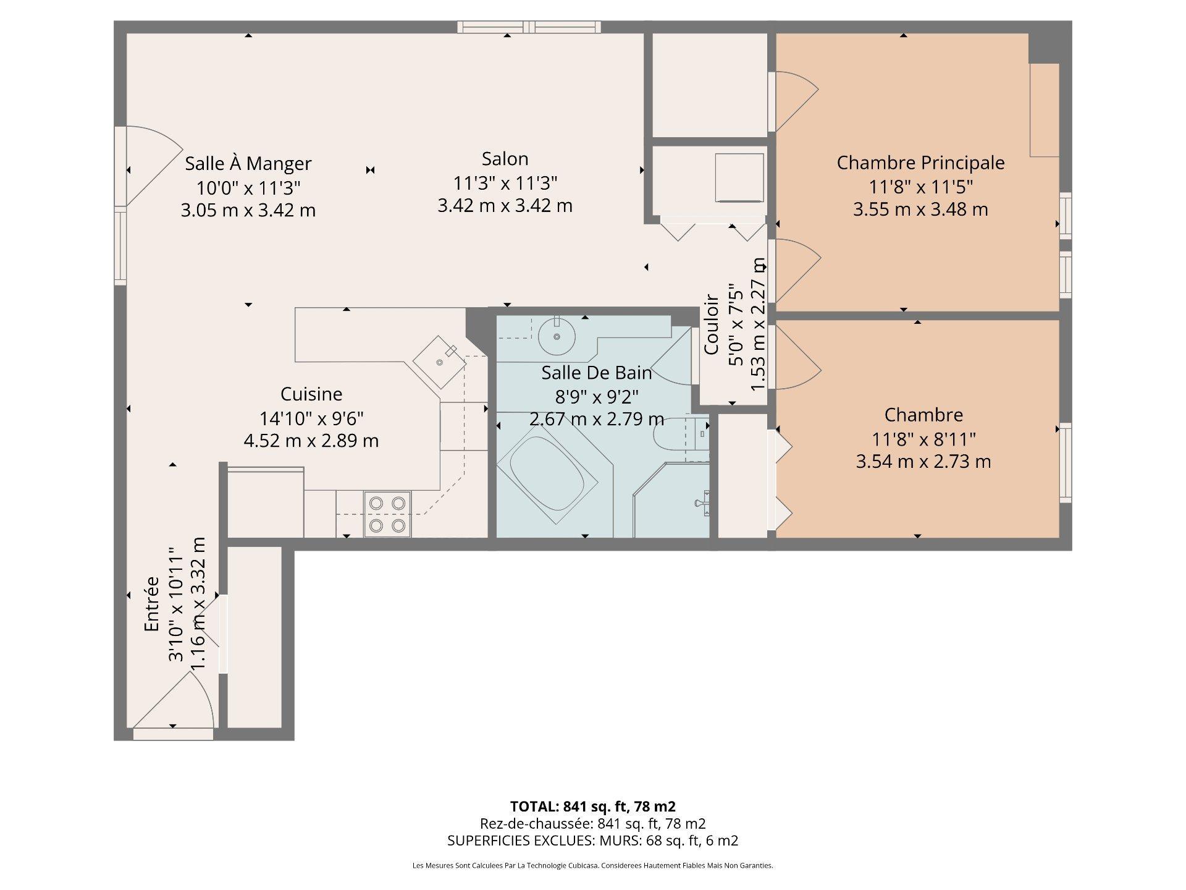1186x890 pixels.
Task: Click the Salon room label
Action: click(505, 159)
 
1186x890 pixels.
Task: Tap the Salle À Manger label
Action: click(248, 164)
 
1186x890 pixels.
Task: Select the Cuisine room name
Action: click(311, 394)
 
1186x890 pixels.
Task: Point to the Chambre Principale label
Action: click(920, 163)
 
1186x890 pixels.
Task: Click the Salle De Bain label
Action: click(597, 373)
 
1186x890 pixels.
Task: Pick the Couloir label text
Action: click(712, 324)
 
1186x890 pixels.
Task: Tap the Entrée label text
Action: click(152, 604)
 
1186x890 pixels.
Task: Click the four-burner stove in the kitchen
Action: click(387, 514)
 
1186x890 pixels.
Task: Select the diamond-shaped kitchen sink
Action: click(439, 362)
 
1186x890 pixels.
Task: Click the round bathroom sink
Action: click(557, 336)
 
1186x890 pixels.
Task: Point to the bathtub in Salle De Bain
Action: click(547, 473)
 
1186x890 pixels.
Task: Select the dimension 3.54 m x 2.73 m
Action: click(923, 462)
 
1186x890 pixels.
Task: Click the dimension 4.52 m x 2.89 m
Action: click(311, 441)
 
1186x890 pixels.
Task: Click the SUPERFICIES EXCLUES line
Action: click(592, 841)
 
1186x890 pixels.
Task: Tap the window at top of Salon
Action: click(529, 27)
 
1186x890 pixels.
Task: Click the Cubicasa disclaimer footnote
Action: click(592, 866)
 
